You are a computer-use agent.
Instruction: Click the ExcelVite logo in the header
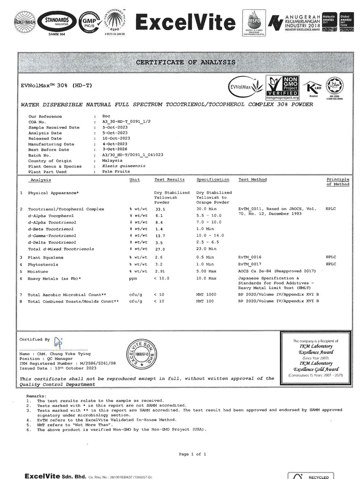click(x=185, y=22)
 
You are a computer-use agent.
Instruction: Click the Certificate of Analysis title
click(x=186, y=62)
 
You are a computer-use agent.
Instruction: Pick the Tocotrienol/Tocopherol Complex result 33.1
click(x=160, y=209)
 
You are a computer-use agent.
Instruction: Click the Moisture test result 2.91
click(x=160, y=271)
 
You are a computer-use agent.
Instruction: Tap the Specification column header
click(x=213, y=180)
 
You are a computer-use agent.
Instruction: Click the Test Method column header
click(x=252, y=180)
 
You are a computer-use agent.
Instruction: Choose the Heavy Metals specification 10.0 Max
click(x=206, y=279)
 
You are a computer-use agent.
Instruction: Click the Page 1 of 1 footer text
click(x=192, y=454)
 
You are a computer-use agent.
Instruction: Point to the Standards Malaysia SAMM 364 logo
click(x=56, y=22)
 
